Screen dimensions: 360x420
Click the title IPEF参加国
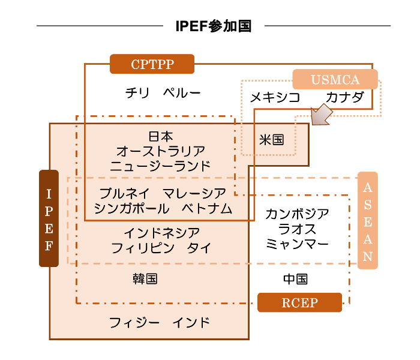click(x=213, y=26)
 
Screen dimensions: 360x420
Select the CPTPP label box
click(x=152, y=64)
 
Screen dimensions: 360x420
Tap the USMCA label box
click(x=335, y=79)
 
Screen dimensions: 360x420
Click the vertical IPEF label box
click(x=49, y=218)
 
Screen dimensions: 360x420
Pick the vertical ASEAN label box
click(x=368, y=220)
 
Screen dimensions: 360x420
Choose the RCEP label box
click(x=299, y=302)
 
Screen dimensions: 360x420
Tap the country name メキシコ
click(x=275, y=97)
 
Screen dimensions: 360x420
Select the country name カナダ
click(x=345, y=97)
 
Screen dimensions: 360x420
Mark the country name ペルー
click(x=182, y=93)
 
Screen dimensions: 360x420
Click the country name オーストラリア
click(x=160, y=151)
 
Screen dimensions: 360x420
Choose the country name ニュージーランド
click(x=160, y=166)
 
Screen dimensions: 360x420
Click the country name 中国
click(x=295, y=279)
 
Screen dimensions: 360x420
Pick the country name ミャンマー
click(x=297, y=244)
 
